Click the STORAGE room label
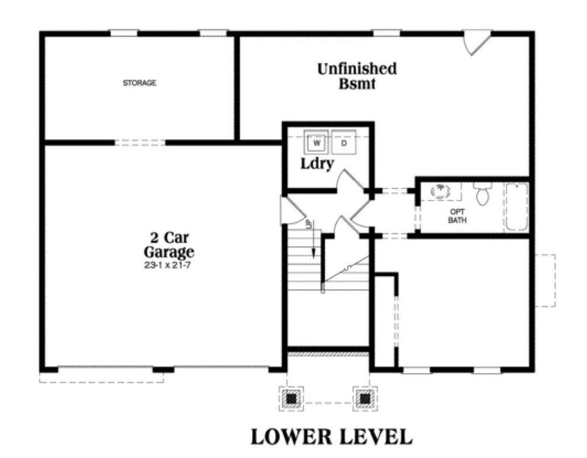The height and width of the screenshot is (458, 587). click(139, 83)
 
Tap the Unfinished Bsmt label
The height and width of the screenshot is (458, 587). click(357, 76)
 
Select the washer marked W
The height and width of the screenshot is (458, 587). click(317, 142)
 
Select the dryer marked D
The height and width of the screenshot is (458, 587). click(344, 142)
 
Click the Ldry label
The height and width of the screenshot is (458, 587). click(317, 163)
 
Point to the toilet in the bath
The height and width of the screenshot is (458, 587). click(483, 194)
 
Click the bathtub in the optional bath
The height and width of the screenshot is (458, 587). click(516, 206)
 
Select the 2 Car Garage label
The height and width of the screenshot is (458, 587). click(169, 246)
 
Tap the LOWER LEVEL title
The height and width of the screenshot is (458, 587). click(332, 436)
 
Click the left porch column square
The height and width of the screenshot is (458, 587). click(291, 398)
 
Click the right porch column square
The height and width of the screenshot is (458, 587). click(365, 398)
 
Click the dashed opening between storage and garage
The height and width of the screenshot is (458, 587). click(140, 142)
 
